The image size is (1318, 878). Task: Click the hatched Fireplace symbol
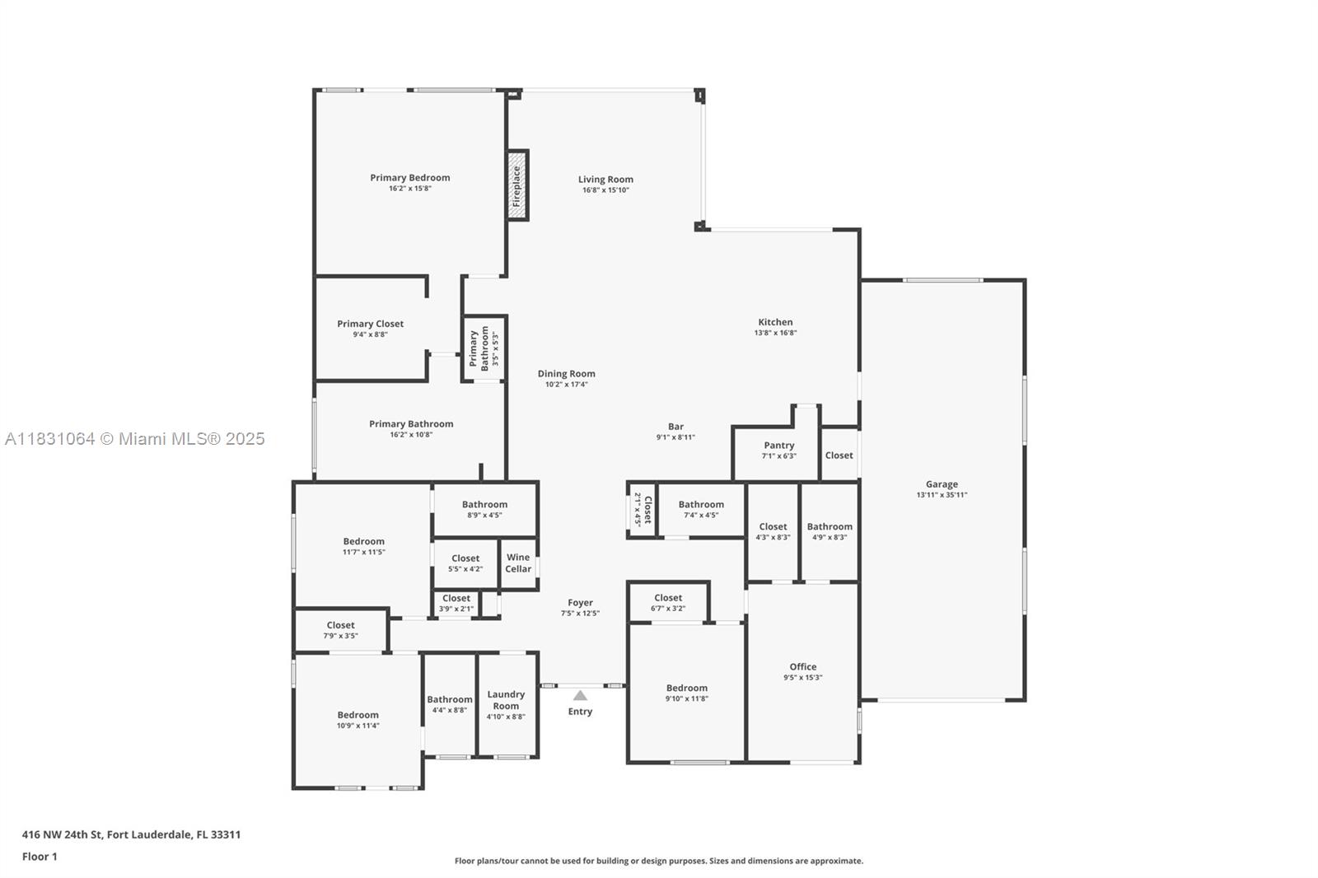tap(516, 186)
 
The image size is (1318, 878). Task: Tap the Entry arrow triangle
tap(580, 695)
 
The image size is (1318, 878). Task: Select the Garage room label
tap(942, 484)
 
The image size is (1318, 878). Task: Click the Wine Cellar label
tap(518, 563)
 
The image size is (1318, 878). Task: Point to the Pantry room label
tap(778, 446)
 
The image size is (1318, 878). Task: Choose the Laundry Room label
tap(506, 700)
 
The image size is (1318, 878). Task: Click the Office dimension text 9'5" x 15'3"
tap(802, 678)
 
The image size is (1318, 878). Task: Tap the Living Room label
tap(605, 179)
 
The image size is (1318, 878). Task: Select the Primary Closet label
tap(370, 324)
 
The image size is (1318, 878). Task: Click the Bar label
tap(675, 427)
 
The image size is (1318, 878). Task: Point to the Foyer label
tap(580, 602)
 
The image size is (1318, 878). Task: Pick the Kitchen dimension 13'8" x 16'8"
tap(775, 333)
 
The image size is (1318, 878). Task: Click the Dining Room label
tap(566, 373)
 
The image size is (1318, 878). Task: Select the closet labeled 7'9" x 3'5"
tap(340, 630)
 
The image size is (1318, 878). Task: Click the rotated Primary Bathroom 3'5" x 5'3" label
tap(479, 348)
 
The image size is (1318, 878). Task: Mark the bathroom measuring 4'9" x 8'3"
tap(830, 531)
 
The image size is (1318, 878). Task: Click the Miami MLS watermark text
tap(135, 439)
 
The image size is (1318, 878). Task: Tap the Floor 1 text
tap(40, 857)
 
